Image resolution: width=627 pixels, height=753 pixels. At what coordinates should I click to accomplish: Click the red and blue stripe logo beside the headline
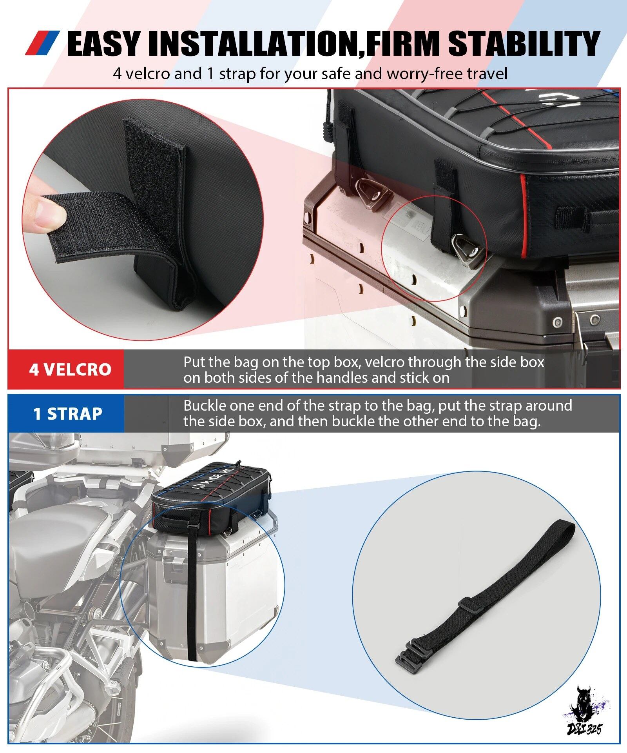[x=42, y=43]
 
